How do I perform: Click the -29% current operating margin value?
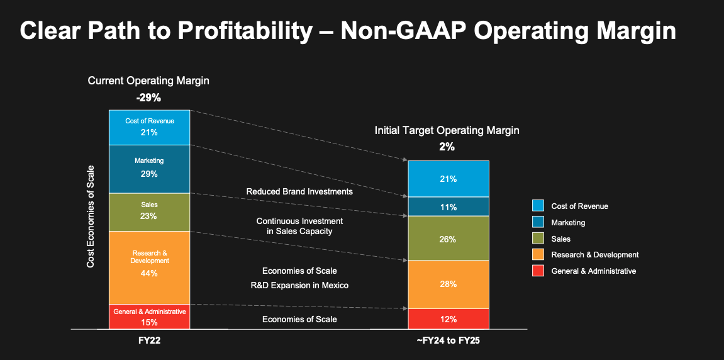(148, 98)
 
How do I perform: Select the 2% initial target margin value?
(447, 147)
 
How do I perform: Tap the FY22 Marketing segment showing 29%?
(149, 169)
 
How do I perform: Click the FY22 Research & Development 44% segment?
(149, 267)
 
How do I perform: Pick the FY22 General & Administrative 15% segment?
(149, 317)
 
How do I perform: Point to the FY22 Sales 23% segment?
(149, 212)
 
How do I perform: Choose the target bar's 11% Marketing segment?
(448, 207)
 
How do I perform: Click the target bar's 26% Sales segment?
(448, 239)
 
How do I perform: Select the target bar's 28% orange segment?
(448, 284)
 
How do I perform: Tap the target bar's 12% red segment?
(448, 319)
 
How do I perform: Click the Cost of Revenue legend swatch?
(538, 206)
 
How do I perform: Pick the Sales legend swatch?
(538, 239)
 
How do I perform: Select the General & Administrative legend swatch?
(538, 271)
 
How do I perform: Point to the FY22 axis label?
(149, 340)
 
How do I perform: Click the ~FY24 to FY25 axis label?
(448, 340)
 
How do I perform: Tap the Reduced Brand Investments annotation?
(299, 191)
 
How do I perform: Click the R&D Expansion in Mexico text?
(299, 286)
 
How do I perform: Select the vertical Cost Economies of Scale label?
(91, 217)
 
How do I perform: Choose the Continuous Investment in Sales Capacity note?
(299, 227)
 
